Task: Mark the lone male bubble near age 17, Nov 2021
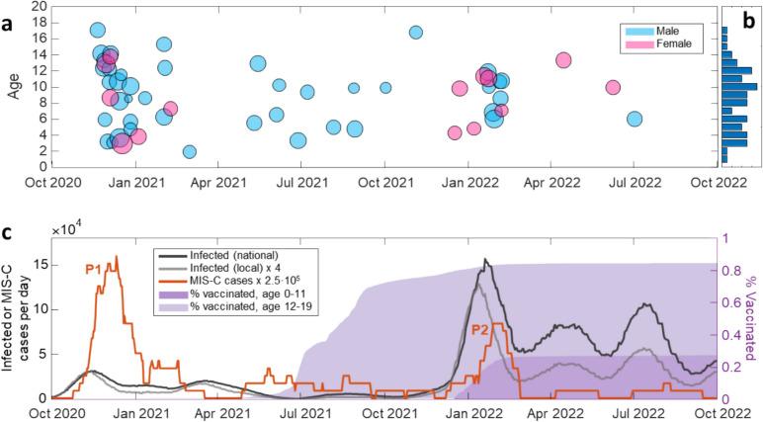tap(416, 33)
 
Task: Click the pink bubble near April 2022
tap(564, 60)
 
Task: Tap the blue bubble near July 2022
tap(635, 119)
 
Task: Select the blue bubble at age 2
tap(189, 151)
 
